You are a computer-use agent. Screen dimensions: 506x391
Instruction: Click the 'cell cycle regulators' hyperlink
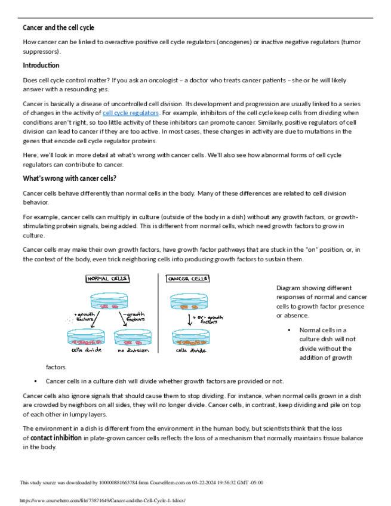(131, 113)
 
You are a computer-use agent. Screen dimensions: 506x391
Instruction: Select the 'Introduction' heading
(41, 65)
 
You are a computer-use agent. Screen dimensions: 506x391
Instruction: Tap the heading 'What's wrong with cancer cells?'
(69, 178)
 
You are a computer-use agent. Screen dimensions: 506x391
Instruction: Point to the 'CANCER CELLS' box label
(187, 279)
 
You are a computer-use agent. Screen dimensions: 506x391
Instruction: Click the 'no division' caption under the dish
(133, 350)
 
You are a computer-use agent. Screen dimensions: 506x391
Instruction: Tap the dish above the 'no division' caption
(133, 339)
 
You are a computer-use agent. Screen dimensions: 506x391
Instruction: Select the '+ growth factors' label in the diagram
(84, 316)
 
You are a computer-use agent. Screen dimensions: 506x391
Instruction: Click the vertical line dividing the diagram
(159, 313)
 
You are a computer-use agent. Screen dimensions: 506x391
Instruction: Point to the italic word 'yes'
(104, 89)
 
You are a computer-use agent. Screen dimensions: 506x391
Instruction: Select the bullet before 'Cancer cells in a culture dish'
(36, 381)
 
